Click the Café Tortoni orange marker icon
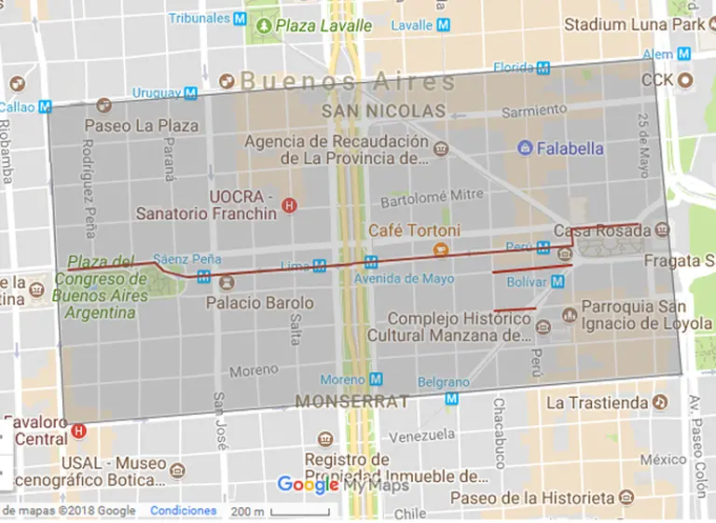[x=442, y=249]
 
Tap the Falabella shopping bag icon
[x=526, y=148]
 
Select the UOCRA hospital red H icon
[x=289, y=205]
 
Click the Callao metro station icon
[x=44, y=107]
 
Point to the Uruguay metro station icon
[x=190, y=93]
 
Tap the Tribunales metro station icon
[x=241, y=18]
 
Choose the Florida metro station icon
[x=543, y=67]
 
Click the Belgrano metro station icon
[x=452, y=399]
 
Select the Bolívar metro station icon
[x=558, y=281]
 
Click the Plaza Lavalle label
[x=323, y=25]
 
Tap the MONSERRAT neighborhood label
[x=352, y=402]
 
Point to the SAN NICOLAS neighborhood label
[x=383, y=111]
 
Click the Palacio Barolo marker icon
[x=227, y=282]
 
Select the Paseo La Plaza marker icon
[x=73, y=126]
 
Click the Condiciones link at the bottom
[x=183, y=511]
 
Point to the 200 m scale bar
[x=280, y=511]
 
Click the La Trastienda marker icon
[x=661, y=403]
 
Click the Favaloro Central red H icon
[x=78, y=432]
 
